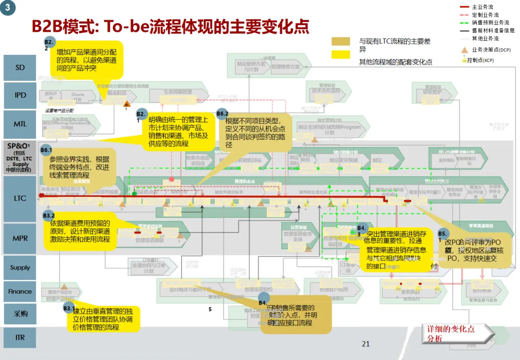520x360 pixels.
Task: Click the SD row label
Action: [x=20, y=68]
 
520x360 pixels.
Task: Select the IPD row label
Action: [x=20, y=95]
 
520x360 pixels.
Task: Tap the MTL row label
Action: [x=20, y=124]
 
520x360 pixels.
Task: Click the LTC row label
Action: [x=20, y=198]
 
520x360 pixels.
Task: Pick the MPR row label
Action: [x=20, y=238]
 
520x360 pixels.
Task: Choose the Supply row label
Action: [x=20, y=268]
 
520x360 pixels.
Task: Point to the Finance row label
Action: [x=20, y=291]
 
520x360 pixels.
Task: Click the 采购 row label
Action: [x=20, y=314]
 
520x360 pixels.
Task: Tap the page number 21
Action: [x=365, y=344]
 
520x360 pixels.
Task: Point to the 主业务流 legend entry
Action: [x=482, y=7]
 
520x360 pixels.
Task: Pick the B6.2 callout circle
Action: [x=222, y=114]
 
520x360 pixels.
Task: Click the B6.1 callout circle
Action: [x=46, y=150]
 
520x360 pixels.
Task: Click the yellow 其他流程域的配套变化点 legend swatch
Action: [x=340, y=54]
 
